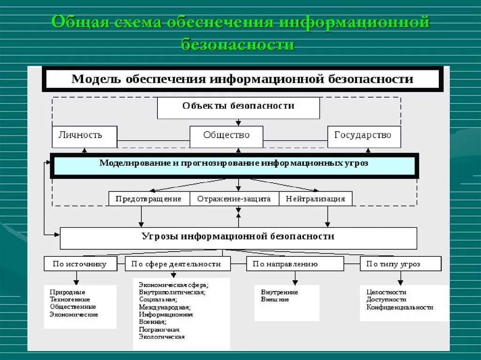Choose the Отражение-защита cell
coord(234,199)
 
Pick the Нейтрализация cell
coord(315,199)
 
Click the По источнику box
coord(79,264)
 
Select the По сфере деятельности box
coord(178,264)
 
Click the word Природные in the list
coord(68,292)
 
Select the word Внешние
coord(275,299)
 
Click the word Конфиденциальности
coord(400,307)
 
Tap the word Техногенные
coord(70,299)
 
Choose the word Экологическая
coord(162,337)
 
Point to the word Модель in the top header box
coord(96,79)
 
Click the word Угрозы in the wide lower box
coord(158,237)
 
